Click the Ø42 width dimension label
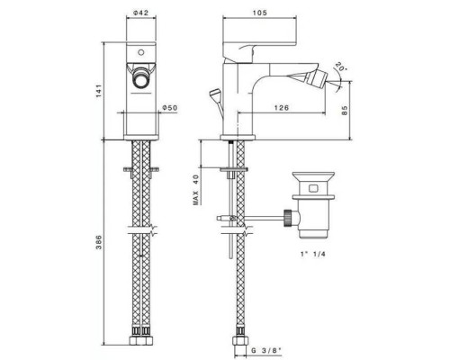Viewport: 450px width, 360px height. pyautogui.click(x=141, y=13)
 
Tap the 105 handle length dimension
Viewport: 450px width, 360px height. pyautogui.click(x=260, y=13)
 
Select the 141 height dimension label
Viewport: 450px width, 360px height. pyautogui.click(x=99, y=91)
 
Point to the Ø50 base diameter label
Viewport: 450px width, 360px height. pyautogui.click(x=170, y=108)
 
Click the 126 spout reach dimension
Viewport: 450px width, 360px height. pyautogui.click(x=282, y=107)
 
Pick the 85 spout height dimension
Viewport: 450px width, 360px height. pyautogui.click(x=345, y=110)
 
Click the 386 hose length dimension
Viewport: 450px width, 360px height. pyautogui.click(x=99, y=242)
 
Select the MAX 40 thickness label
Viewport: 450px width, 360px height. pyautogui.click(x=196, y=190)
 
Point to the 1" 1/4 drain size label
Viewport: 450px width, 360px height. pyautogui.click(x=313, y=254)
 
